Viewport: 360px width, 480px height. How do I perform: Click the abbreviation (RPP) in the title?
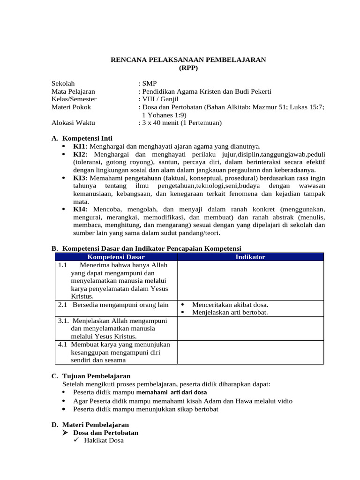(x=188, y=68)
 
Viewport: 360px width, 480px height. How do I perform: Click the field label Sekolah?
(x=63, y=83)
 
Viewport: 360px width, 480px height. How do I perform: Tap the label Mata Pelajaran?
(x=73, y=91)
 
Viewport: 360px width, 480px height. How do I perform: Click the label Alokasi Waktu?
(x=73, y=123)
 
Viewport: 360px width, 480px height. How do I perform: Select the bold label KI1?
(x=80, y=147)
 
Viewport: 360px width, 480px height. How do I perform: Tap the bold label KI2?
(x=80, y=154)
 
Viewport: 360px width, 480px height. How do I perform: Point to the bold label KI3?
(x=80, y=178)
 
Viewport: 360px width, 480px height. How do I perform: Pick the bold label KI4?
(x=80, y=209)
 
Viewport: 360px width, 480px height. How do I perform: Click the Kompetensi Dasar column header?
(x=116, y=257)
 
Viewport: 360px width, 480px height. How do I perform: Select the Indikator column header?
(x=250, y=257)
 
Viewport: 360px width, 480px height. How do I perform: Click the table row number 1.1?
(x=63, y=265)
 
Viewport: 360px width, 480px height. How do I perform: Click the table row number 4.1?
(x=63, y=345)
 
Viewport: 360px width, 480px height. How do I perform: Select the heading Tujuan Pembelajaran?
(x=97, y=376)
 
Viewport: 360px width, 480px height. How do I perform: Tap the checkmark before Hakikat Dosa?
(x=77, y=441)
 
